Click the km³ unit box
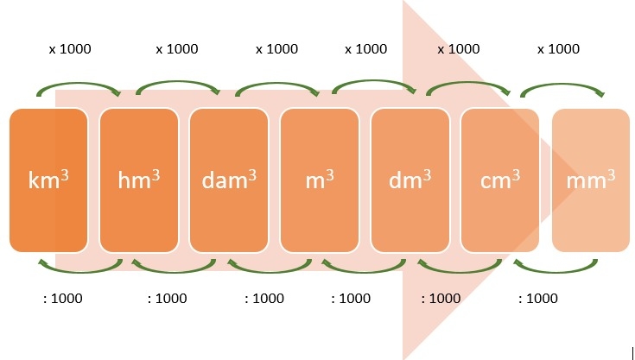click(x=48, y=180)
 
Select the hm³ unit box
click(x=139, y=180)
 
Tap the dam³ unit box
click(x=229, y=180)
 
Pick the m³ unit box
click(x=320, y=180)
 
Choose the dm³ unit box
click(x=410, y=180)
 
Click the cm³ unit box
click(x=500, y=180)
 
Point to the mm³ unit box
click(x=591, y=180)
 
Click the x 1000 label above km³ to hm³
click(x=70, y=49)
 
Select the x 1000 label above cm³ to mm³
click(x=558, y=49)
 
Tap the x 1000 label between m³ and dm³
click(x=366, y=49)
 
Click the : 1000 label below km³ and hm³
click(x=63, y=299)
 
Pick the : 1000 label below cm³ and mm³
click(x=537, y=299)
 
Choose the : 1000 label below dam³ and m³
click(x=264, y=299)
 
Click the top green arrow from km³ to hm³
click(x=79, y=86)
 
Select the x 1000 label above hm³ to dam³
click(x=177, y=49)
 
